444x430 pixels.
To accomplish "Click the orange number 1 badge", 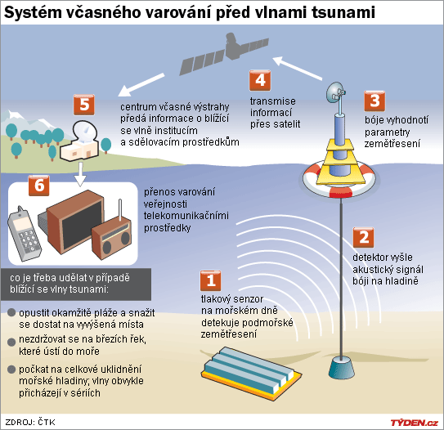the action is coord(210,281).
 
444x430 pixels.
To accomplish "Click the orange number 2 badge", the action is coord(363,237).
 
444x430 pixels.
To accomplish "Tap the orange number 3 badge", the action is coord(374,101).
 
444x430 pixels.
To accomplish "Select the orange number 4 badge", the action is coord(260,80).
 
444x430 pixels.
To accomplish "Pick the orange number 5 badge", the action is coord(84,105).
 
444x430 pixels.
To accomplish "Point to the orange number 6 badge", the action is coord(39,186).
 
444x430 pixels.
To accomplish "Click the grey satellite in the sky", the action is coord(224,53).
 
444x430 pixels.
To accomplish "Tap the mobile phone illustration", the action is coord(25,234).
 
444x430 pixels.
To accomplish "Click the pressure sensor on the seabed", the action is coord(251,372).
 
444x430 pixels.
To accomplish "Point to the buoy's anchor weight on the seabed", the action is coord(342,368).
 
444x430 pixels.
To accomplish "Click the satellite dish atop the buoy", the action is coord(336,92).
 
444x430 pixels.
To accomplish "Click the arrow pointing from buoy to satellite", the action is coord(298,68).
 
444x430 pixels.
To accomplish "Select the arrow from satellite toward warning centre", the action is coord(141,85).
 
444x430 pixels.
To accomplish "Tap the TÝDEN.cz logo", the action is coord(415,423).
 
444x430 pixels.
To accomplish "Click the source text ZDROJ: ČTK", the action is coord(30,422).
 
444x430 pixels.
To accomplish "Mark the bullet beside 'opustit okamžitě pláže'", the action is coord(11,313).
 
